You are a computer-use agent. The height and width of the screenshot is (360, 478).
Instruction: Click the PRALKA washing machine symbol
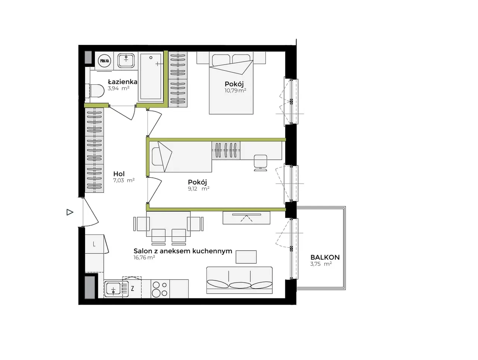pos(105,61)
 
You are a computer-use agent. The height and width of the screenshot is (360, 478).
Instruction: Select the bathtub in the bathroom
pos(151,77)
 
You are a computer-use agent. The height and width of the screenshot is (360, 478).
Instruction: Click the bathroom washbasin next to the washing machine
pos(126,60)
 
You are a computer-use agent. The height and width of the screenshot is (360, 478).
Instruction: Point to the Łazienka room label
pos(122,82)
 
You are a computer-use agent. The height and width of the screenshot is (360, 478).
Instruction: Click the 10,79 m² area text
pos(235,90)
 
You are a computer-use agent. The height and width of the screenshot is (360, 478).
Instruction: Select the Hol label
pos(119,174)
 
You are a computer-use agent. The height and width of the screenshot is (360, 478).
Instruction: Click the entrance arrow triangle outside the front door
pos(70,212)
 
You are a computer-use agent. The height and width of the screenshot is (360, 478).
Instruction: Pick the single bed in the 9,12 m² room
pos(180,157)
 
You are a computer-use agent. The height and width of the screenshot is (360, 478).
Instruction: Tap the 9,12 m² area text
pos(199,189)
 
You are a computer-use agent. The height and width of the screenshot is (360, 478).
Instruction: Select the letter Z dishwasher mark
pos(132,289)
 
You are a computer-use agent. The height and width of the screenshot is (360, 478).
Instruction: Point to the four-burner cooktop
pos(160,289)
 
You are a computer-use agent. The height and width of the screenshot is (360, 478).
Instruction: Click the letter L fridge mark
pos(94,244)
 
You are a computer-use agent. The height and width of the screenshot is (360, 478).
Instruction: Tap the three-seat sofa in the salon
pos(239,280)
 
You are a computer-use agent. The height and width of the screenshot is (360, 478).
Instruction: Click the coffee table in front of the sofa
pos(246,257)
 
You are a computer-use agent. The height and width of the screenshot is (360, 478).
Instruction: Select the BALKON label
pos(325,257)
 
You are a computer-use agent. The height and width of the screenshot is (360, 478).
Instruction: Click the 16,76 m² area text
pos(144,258)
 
